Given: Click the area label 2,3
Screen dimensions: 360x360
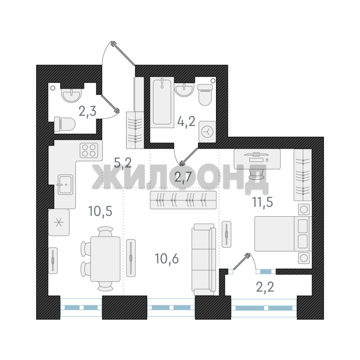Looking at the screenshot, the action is tap(87, 112).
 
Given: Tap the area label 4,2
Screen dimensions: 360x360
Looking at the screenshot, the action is tap(186, 121).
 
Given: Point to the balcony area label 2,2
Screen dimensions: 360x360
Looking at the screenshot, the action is tap(265, 287).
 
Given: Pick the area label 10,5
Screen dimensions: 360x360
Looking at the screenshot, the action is tap(100, 211).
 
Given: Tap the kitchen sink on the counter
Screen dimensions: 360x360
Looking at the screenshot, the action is tap(65, 184).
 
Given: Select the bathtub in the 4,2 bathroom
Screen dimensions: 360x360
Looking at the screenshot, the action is tap(162, 102).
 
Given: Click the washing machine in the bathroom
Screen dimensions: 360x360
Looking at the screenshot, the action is tap(207, 132).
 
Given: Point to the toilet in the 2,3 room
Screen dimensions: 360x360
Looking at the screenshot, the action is tap(65, 124).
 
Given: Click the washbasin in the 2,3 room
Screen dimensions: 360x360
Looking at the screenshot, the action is tap(71, 95).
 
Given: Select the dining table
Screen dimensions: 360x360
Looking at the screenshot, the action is tap(105, 259).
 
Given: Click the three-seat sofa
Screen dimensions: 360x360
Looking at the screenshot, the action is tap(204, 259).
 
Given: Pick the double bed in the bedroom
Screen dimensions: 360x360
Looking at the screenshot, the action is tap(282, 233).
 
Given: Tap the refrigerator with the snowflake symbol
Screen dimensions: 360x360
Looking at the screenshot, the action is tap(59, 222).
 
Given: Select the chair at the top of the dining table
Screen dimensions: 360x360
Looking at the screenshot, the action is tap(106, 231).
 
